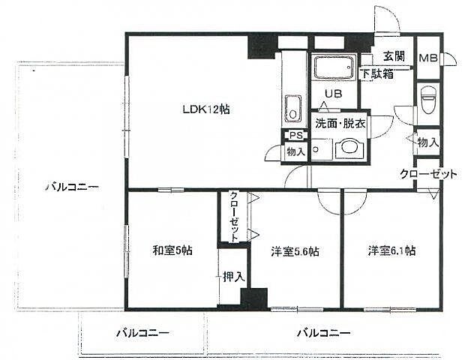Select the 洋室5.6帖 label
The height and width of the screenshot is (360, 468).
pyautogui.click(x=295, y=251)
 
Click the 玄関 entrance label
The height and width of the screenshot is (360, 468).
pyautogui.click(x=394, y=57)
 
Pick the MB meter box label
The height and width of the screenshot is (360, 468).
pyautogui.click(x=428, y=58)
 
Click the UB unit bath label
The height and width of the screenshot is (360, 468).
pyautogui.click(x=332, y=94)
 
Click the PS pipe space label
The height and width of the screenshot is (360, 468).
pyautogui.click(x=295, y=136)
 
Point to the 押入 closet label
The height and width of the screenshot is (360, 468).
pyautogui.click(x=233, y=277)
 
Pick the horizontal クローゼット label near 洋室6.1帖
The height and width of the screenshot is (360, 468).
pyautogui.click(x=427, y=174)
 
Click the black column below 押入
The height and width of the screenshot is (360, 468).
pyautogui.click(x=253, y=298)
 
